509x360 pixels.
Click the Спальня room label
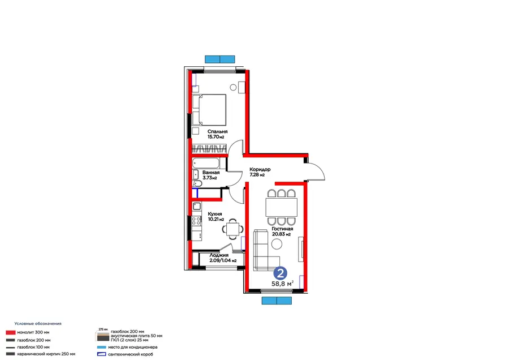tap(218, 131)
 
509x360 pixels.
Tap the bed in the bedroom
tap(209, 110)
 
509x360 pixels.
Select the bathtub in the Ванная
tap(205, 163)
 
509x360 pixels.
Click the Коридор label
tap(260, 169)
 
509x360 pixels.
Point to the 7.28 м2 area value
tap(257, 175)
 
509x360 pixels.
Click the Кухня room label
tap(215, 214)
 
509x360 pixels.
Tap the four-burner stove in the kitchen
tap(196, 221)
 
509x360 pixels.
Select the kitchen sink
tap(197, 206)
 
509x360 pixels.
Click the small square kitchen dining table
tap(233, 229)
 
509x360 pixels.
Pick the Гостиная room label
tap(282, 229)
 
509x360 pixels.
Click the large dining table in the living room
tap(281, 207)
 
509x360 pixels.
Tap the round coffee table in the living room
tap(277, 244)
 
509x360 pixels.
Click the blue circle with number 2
tap(280, 273)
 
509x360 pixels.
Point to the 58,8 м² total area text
tap(282, 284)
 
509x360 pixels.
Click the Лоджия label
tap(219, 255)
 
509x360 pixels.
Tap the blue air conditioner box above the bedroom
tap(220, 59)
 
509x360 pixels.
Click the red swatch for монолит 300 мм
tap(11, 332)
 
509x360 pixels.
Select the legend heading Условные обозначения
tap(38, 324)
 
